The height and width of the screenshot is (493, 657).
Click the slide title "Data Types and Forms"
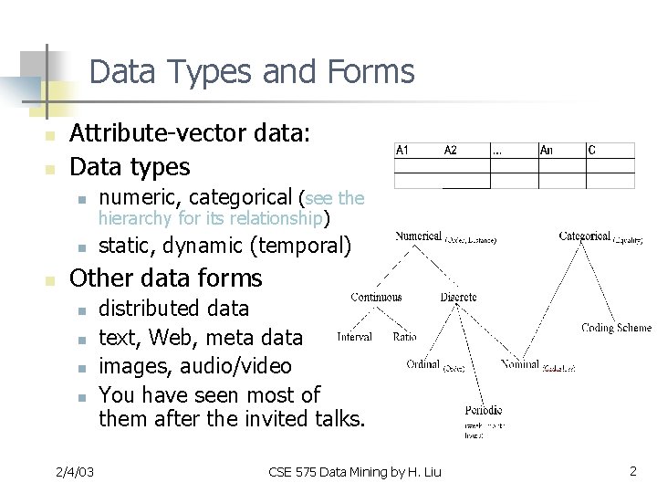(252, 71)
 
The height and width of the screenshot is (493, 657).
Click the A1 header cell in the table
(402, 151)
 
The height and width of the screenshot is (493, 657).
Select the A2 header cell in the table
(451, 151)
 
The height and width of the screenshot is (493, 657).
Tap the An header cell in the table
(547, 151)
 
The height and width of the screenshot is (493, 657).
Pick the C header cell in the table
(592, 151)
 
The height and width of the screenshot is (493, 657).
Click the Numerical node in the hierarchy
(418, 236)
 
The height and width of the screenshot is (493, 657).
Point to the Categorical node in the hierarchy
(584, 236)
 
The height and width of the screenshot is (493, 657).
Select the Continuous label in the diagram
(376, 297)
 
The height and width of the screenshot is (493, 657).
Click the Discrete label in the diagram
(458, 297)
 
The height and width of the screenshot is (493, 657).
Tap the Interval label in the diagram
(354, 337)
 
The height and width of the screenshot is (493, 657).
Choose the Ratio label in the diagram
(404, 337)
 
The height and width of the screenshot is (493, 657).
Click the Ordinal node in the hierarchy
(423, 365)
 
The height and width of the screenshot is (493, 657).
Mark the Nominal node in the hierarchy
(520, 365)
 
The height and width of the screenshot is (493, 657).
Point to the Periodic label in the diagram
(483, 411)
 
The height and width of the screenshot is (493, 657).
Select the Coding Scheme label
(617, 327)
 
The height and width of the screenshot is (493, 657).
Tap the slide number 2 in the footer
(632, 471)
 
